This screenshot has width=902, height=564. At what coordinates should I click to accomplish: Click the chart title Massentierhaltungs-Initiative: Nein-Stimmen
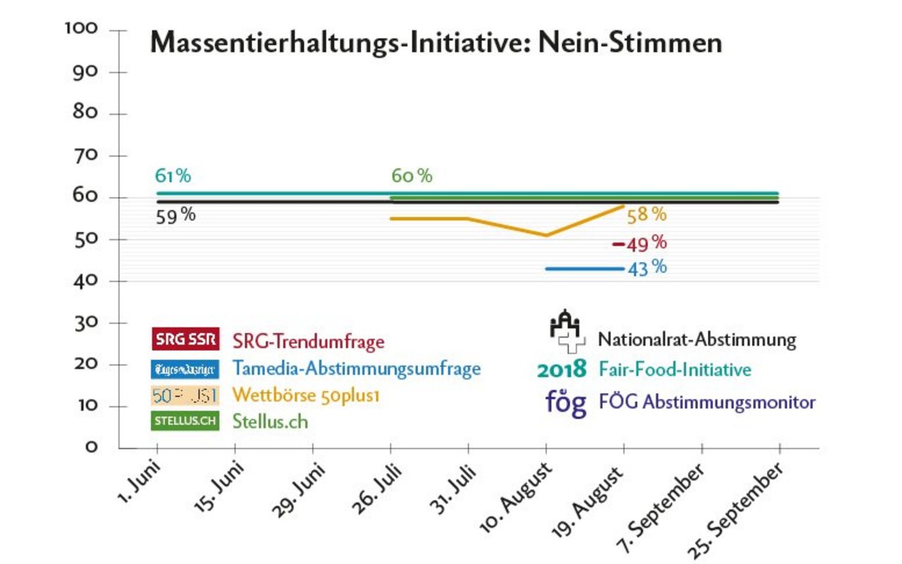click(435, 44)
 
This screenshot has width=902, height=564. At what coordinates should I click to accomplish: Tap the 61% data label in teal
click(173, 176)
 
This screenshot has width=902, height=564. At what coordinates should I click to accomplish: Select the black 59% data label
click(175, 216)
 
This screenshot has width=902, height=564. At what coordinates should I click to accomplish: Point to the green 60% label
click(412, 176)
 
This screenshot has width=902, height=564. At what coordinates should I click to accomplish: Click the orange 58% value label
click(646, 214)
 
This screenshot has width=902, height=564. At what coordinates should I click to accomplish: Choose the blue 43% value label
click(646, 268)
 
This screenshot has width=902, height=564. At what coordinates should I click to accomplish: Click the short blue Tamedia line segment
click(584, 268)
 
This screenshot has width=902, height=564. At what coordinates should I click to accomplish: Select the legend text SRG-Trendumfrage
click(309, 342)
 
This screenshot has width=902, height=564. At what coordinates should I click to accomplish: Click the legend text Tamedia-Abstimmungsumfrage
click(357, 368)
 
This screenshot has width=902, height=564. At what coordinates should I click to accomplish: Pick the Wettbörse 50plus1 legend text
click(306, 396)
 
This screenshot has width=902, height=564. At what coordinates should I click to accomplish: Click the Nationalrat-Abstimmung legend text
click(697, 340)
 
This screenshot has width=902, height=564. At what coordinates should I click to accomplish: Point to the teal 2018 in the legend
click(561, 369)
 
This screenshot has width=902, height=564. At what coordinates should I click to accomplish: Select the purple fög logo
click(566, 403)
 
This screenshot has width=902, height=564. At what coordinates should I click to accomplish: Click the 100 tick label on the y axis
click(84, 29)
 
